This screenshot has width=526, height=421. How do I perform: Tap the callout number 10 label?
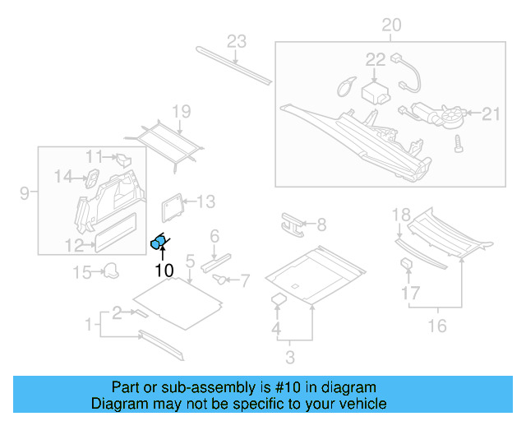(164, 270)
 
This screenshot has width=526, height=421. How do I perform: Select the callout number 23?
(237, 42)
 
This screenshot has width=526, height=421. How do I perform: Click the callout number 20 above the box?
(391, 25)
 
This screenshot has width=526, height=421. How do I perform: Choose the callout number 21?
(491, 114)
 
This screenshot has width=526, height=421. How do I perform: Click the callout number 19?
(181, 112)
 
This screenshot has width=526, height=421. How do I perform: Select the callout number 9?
(24, 193)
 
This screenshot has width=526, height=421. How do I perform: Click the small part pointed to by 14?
(93, 174)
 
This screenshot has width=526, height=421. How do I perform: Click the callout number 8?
(321, 224)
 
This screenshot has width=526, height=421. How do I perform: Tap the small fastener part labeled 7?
(221, 280)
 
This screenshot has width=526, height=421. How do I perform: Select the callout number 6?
(215, 236)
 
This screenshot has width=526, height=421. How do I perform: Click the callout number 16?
(437, 326)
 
